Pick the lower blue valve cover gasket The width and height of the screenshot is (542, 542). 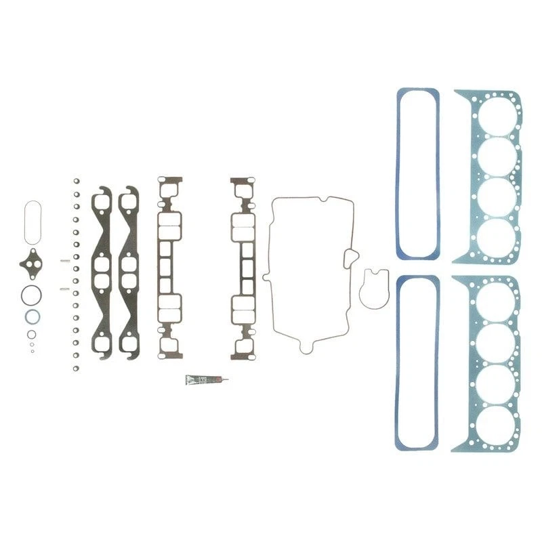(398, 366)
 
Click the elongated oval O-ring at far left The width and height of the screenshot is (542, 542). (32, 221)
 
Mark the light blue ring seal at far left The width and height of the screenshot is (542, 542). (32, 316)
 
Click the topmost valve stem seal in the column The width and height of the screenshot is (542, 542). (77, 181)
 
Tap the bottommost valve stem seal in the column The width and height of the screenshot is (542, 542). (77, 367)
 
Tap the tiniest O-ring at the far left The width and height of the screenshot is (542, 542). (31, 351)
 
